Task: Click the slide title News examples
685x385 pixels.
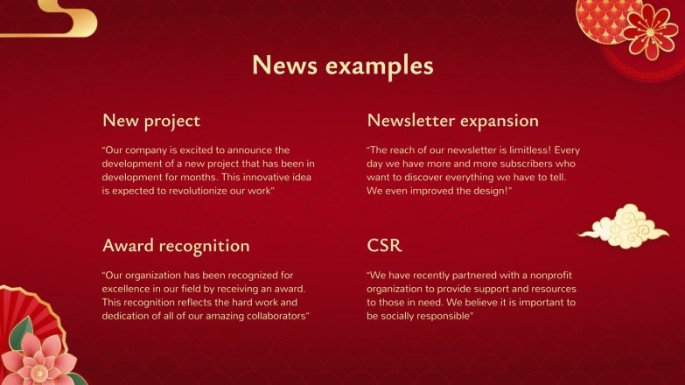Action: tap(342, 66)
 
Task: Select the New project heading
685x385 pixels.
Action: tap(151, 121)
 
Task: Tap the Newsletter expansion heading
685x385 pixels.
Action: tap(452, 121)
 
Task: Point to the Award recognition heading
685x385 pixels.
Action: tap(176, 246)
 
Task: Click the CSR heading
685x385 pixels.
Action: tap(385, 246)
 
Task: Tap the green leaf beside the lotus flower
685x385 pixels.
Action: tap(18, 333)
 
